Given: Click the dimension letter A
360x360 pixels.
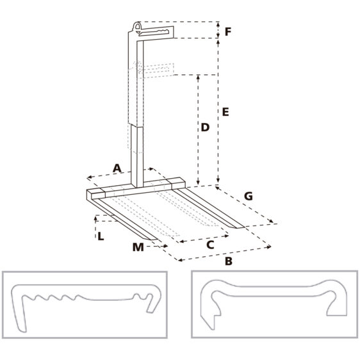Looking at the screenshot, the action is point(117,168).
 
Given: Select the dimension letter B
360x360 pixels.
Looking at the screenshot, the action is point(229,261).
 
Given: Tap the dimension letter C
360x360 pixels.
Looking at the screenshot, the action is point(210,245).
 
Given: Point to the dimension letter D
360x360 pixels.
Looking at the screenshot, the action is point(205,127).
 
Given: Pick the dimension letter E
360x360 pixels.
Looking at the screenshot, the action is point(225,112).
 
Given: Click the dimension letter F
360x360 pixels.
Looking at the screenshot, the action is point(227,31).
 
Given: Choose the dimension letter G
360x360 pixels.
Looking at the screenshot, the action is point(248,196).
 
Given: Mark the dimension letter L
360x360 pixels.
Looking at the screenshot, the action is point(101,236).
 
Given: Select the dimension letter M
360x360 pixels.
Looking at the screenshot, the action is point(138,247).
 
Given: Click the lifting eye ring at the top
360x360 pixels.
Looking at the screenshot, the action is point(137,26).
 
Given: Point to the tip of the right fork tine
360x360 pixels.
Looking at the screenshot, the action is point(240,227).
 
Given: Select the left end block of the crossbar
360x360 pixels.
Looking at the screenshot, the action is point(95,194).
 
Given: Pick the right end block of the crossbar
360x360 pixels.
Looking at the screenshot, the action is point(177,183).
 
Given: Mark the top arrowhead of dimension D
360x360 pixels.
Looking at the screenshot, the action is point(198,77).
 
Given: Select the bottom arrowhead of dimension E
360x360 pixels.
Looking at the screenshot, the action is point(218,181).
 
